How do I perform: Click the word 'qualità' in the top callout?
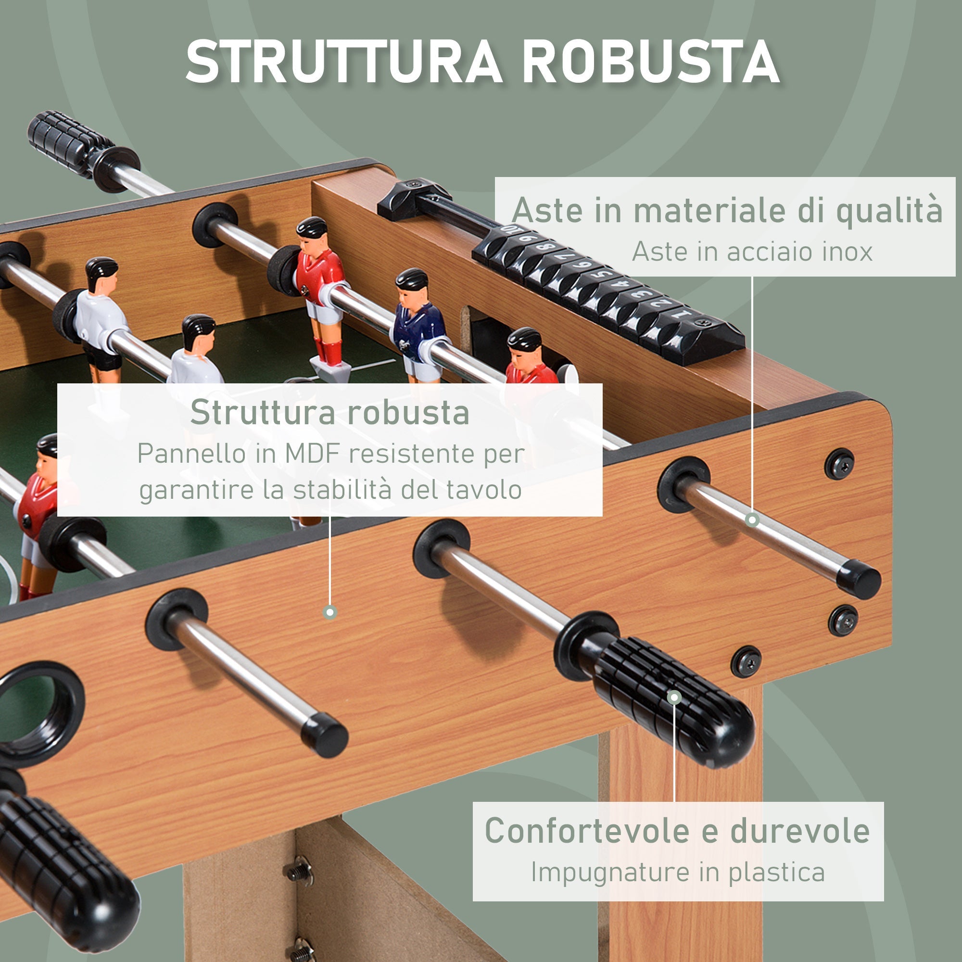[x=889, y=210]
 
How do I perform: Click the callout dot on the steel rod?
[x=752, y=520]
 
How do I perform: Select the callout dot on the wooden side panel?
[x=329, y=612]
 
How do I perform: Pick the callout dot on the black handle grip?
[x=674, y=697]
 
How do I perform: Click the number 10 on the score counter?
[x=510, y=230]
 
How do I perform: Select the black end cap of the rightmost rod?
[x=859, y=579]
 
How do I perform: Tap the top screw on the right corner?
[x=839, y=464]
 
